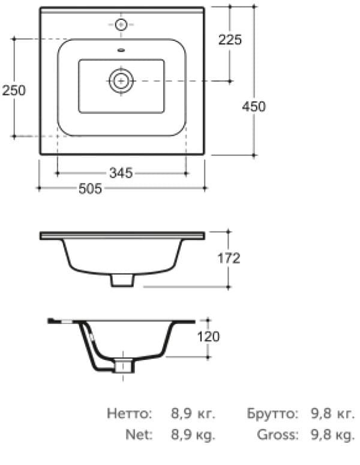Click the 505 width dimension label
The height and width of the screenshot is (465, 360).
point(91,189)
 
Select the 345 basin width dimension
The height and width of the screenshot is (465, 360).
point(121,173)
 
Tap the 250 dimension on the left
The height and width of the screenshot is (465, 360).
point(13,90)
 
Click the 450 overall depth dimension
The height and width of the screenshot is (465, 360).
point(253,106)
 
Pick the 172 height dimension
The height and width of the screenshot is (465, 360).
point(229,259)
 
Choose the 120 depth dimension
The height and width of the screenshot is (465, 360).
point(208,337)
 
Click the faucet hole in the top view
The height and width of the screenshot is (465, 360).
point(121,25)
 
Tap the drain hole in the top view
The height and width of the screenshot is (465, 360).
point(121,80)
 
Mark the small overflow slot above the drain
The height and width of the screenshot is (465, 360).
point(121,50)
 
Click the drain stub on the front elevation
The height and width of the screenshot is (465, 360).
point(122,280)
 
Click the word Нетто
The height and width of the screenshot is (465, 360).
point(129,414)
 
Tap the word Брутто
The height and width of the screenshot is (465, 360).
point(272,414)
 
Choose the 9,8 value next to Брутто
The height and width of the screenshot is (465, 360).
point(320,414)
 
